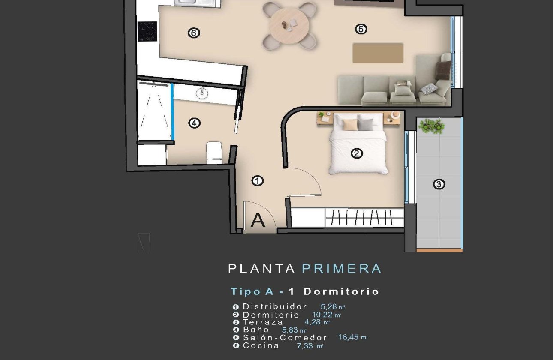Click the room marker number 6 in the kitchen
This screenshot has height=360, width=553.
[194, 33]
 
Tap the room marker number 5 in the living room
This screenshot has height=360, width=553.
[361, 29]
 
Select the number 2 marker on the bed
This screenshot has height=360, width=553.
[357, 153]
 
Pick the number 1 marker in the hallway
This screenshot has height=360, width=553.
[257, 181]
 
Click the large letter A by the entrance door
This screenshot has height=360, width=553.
[258, 220]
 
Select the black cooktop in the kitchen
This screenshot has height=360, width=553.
[147, 31]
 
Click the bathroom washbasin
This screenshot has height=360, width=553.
[202, 92]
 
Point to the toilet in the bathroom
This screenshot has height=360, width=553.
[214, 153]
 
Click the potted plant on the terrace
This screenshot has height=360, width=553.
[432, 126]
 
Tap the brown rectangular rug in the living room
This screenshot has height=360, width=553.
[378, 53]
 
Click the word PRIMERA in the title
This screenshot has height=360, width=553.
[341, 269]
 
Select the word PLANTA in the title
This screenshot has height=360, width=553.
[261, 269]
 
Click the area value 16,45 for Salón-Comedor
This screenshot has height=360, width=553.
[349, 338]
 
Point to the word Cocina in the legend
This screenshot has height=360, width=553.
[261, 345]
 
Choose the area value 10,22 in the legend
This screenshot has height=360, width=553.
[322, 315]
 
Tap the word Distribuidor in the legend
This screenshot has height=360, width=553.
[275, 306]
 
